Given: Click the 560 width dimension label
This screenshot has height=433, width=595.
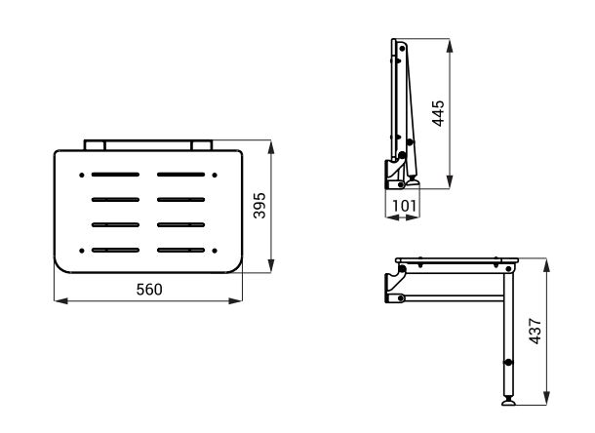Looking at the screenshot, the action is [x=149, y=290].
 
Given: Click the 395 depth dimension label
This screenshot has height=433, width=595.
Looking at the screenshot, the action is [x=259, y=206].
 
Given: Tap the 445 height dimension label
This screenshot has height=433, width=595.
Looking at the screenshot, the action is [x=438, y=113].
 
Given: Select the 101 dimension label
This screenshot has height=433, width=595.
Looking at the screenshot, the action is [x=404, y=206].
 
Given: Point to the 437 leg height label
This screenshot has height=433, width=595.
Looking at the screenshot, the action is [x=535, y=331].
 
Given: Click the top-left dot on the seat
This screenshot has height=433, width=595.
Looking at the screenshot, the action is [x=82, y=175].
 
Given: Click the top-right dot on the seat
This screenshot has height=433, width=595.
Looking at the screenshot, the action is [x=215, y=175].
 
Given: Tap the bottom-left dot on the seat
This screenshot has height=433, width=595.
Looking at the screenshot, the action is [x=82, y=251].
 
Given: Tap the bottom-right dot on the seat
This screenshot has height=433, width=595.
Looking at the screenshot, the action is [x=215, y=251].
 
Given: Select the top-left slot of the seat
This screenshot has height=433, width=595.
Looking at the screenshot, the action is [x=115, y=175].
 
